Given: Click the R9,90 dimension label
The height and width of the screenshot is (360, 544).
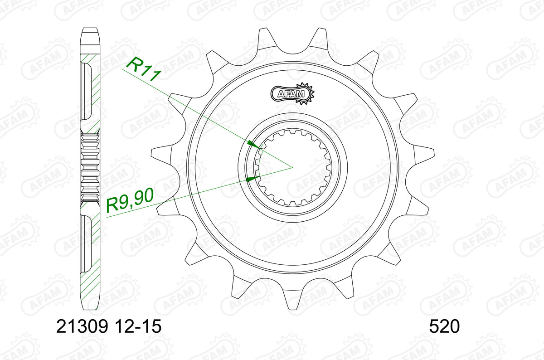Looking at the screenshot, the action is click(x=130, y=200).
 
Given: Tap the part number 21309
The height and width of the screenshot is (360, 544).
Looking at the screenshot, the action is click(x=82, y=326).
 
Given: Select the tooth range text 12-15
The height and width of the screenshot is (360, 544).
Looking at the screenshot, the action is click(x=138, y=326).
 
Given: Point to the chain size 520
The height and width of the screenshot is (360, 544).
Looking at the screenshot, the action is click(x=444, y=326).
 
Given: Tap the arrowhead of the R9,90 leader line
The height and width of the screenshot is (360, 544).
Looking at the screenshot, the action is click(x=253, y=180).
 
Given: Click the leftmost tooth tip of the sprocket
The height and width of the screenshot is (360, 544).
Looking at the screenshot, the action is click(x=152, y=153).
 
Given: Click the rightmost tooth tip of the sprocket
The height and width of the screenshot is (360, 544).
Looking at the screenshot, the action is click(x=434, y=153).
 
